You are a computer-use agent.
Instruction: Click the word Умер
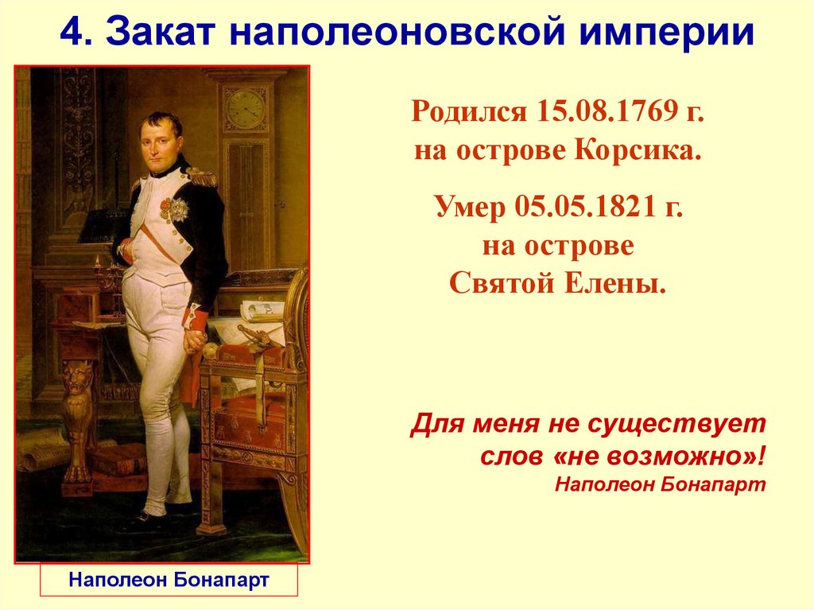[x=470, y=208]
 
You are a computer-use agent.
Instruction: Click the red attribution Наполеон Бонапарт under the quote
[x=660, y=484]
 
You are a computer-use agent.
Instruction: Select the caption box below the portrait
[x=169, y=580]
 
